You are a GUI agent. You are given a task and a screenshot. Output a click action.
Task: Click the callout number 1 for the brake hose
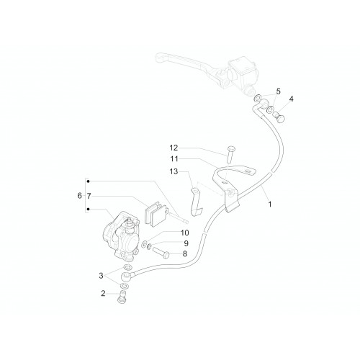[270, 204]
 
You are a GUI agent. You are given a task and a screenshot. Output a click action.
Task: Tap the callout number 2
[103, 293]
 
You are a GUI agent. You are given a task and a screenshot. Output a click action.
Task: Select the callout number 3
[101, 276]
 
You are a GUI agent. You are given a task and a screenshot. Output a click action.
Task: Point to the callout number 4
[291, 99]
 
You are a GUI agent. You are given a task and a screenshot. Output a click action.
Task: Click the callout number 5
[278, 91]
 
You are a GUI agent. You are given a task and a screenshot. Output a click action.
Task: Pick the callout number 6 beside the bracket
[79, 196]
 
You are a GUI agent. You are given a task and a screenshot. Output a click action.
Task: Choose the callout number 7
[89, 196]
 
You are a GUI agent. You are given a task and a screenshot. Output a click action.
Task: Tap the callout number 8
[185, 253]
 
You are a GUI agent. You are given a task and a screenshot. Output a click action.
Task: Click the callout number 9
[186, 243]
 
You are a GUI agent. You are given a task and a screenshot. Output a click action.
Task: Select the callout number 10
[185, 233]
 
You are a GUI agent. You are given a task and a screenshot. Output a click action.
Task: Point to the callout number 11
[174, 159]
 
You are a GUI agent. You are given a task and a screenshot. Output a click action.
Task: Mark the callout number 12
[174, 148]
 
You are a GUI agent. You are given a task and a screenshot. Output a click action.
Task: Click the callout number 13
[174, 171]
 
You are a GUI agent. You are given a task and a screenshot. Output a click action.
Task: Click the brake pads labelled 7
[153, 213]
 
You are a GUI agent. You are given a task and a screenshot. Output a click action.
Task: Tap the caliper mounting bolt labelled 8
[161, 253]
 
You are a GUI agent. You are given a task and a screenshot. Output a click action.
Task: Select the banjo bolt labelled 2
[123, 297]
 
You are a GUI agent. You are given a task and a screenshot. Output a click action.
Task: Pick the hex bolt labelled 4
[279, 117]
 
